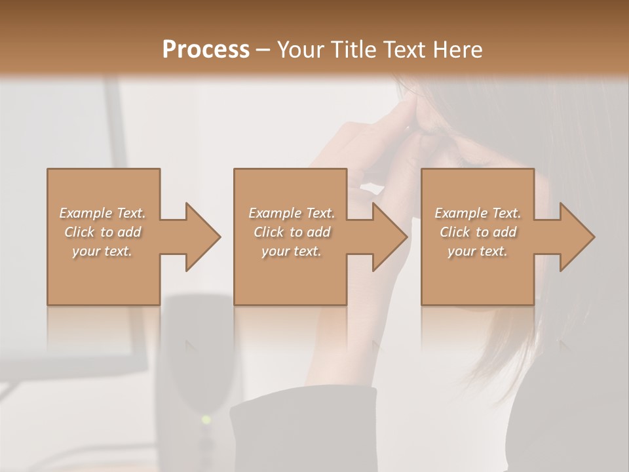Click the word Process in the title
(x=206, y=50)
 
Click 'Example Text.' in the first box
(x=103, y=213)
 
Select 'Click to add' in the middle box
(x=292, y=232)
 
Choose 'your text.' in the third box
(x=478, y=251)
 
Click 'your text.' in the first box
(x=103, y=251)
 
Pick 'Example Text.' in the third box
(x=478, y=213)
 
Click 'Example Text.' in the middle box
(x=292, y=213)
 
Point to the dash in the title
(x=263, y=50)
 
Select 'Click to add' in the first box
(x=103, y=232)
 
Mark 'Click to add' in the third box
(x=478, y=232)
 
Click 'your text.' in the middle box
(x=292, y=251)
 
